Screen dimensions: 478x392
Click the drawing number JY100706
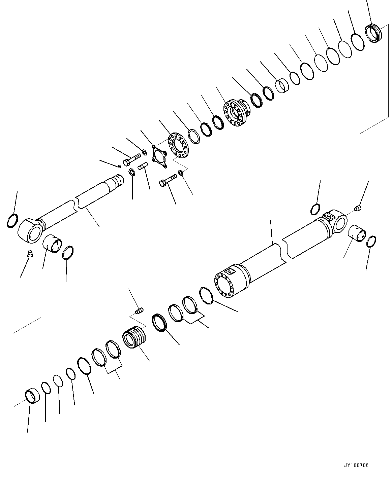pos(356,466)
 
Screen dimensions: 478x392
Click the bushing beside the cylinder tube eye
pos(356,233)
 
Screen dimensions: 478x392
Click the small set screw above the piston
pos(139,311)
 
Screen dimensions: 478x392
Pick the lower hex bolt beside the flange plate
pos(168,180)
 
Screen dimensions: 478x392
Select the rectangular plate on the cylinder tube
pos(231,271)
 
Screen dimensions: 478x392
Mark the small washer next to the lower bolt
pos(181,173)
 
